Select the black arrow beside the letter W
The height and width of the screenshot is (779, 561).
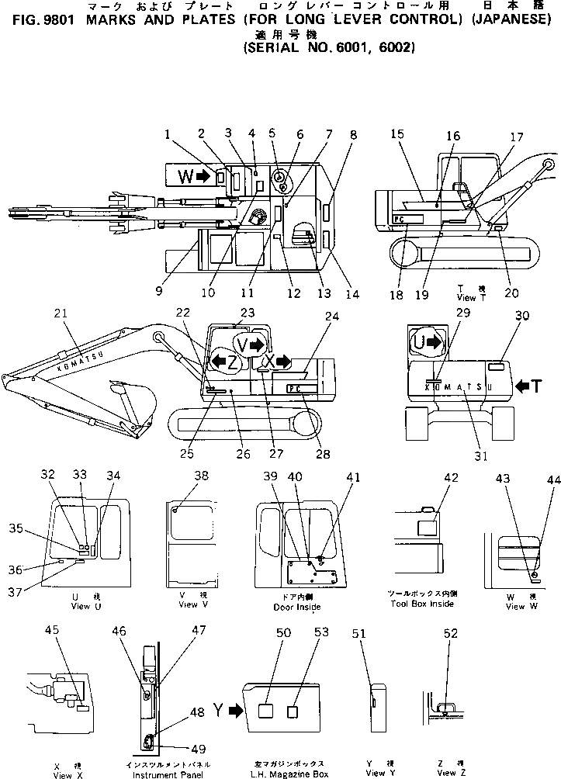(203, 177)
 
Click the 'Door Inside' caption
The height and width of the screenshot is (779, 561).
(298, 607)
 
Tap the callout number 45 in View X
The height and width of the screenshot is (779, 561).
(52, 631)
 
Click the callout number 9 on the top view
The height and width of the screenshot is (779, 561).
(158, 292)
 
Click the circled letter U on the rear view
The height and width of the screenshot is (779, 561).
(420, 340)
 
